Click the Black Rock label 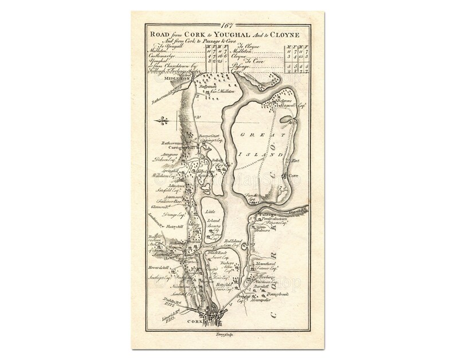coord(214,253)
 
